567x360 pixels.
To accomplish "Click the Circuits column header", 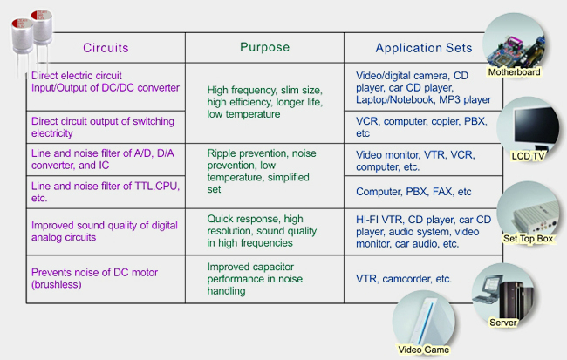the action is click(106, 48).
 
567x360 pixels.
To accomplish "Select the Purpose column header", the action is click(264, 47).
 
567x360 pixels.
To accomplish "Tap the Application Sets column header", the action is click(424, 48).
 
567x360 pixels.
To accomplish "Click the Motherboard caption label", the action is click(514, 72).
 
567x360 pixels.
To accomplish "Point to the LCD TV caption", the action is click(528, 156).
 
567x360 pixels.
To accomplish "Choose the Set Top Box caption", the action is click(528, 239).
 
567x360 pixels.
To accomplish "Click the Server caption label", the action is click(502, 323).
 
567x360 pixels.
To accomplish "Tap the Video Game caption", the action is click(423, 350).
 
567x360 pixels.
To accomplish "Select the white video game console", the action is click(427, 321).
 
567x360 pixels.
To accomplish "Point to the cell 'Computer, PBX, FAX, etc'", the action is click(413, 192).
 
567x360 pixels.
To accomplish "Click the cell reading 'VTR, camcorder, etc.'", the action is click(404, 279).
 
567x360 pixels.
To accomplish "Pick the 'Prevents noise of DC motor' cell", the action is click(94, 278).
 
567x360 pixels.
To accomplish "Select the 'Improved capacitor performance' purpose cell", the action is click(255, 279).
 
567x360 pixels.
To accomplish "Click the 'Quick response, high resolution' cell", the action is click(262, 231).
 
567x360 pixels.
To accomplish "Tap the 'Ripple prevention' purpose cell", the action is click(262, 172).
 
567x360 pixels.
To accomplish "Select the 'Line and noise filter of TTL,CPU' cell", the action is click(106, 192).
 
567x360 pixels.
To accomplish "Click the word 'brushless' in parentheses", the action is click(57, 284).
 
